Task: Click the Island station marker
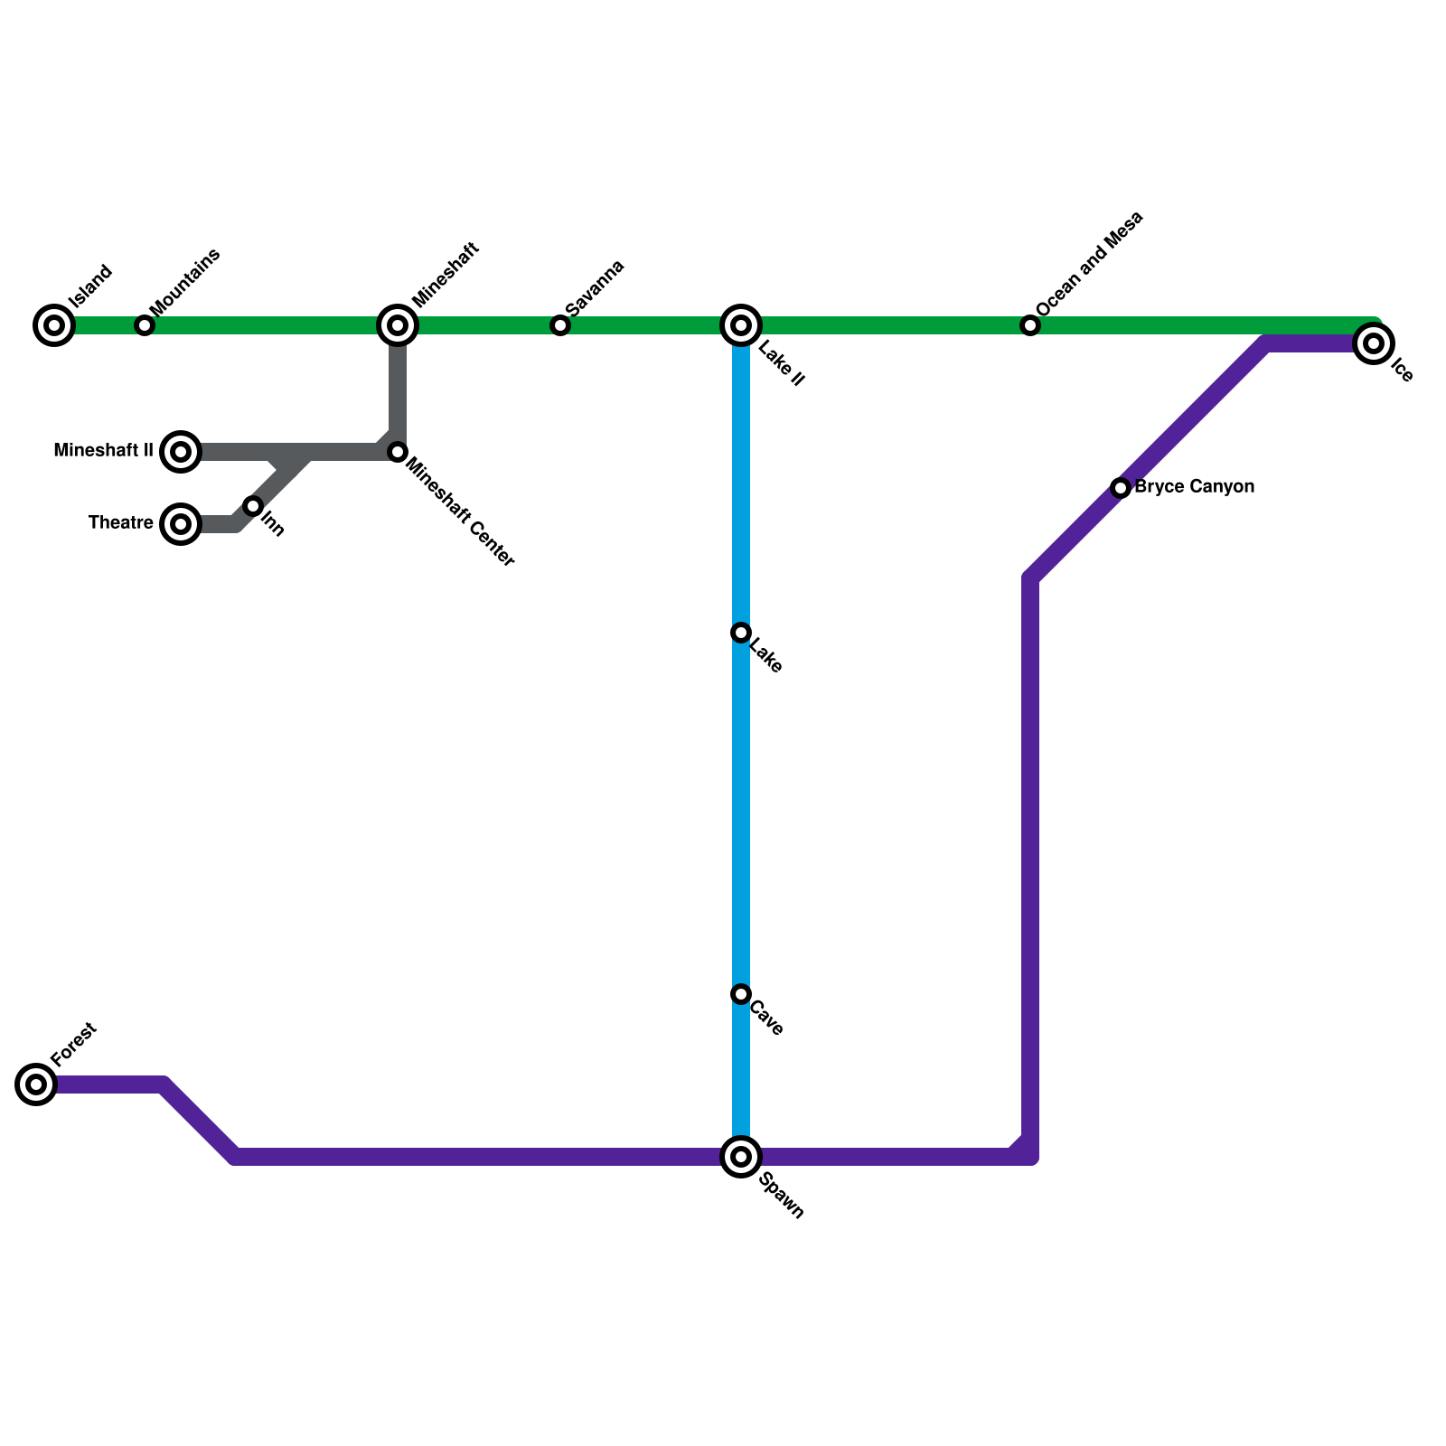pos(54,325)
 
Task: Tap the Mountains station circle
pos(145,325)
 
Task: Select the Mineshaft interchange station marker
pos(398,325)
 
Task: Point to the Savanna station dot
pos(560,325)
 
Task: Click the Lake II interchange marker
pos(741,325)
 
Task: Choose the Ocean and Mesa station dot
pos(1030,325)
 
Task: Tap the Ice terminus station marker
pos(1374,343)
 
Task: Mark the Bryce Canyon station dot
pos(1121,488)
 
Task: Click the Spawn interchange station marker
pos(741,1157)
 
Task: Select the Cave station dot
pos(741,994)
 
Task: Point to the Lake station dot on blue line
pos(741,633)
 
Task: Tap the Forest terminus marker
pos(36,1084)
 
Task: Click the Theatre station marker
pos(181,524)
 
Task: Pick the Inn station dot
pos(253,506)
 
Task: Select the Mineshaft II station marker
pos(181,452)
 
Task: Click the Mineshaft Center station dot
pos(398,452)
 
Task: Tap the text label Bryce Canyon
pos(1194,487)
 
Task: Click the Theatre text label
pos(120,523)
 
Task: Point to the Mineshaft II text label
pos(103,451)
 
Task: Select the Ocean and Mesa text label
pos(1090,264)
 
